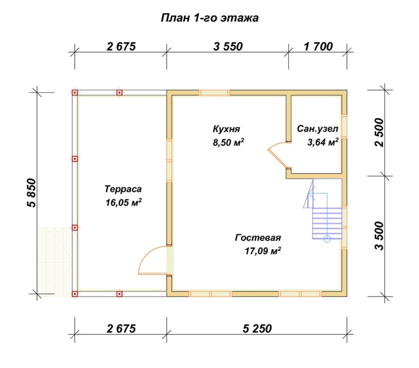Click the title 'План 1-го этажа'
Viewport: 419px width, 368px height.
coord(209,18)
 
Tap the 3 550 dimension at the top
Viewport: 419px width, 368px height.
coord(228,47)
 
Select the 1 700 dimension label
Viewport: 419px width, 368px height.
coord(318,47)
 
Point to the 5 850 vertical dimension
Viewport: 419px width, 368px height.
coord(31,193)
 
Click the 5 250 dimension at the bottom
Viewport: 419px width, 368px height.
coord(257,329)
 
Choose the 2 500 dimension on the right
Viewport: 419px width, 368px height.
coord(379,132)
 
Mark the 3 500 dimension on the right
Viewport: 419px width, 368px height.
coord(379,236)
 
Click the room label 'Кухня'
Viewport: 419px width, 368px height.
coord(226,129)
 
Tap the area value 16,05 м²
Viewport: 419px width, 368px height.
coord(123,202)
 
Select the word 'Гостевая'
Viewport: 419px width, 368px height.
coord(258,238)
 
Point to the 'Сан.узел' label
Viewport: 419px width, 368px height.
coord(318,129)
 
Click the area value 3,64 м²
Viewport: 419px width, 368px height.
coord(323,142)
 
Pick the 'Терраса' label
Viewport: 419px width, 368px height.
coord(123,189)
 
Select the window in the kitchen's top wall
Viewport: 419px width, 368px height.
coord(214,93)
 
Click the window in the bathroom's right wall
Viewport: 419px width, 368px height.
coord(344,126)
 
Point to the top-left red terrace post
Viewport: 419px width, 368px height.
coord(75,93)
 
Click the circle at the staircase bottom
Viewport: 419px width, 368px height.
coord(327,239)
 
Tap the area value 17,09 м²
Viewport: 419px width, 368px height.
coord(263,251)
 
